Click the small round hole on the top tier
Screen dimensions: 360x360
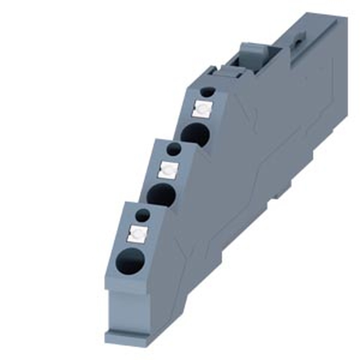tap(208, 92)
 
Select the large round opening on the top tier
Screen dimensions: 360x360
tap(195, 134)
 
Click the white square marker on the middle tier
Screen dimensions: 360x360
tap(168, 170)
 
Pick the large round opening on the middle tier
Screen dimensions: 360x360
tap(161, 195)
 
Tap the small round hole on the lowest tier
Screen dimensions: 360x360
tap(143, 215)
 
